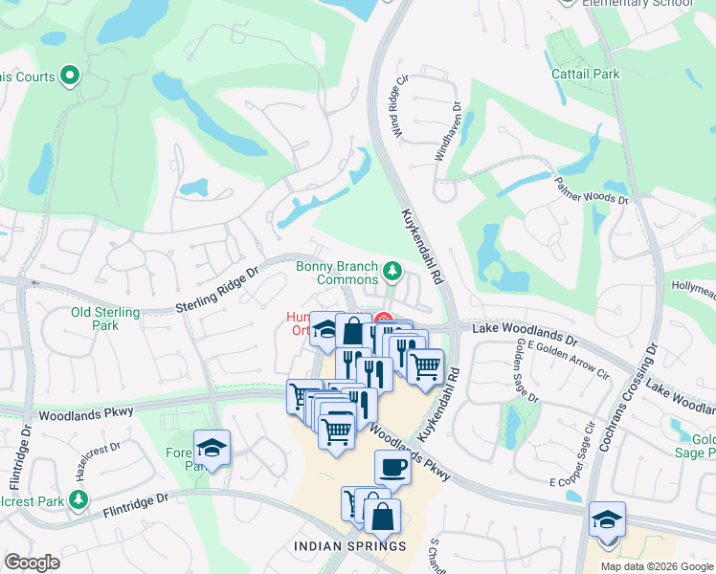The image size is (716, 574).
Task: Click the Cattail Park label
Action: coord(585,74)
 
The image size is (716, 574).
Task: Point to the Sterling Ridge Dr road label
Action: coord(217,290)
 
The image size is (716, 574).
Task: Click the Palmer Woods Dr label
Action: coord(592,188)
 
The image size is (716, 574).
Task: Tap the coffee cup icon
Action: coord(392,468)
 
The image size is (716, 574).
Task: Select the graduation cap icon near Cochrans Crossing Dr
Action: coord(607,519)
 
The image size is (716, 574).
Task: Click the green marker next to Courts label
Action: coord(69,75)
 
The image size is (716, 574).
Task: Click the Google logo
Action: coord(32,563)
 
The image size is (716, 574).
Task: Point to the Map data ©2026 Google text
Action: coord(656,566)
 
